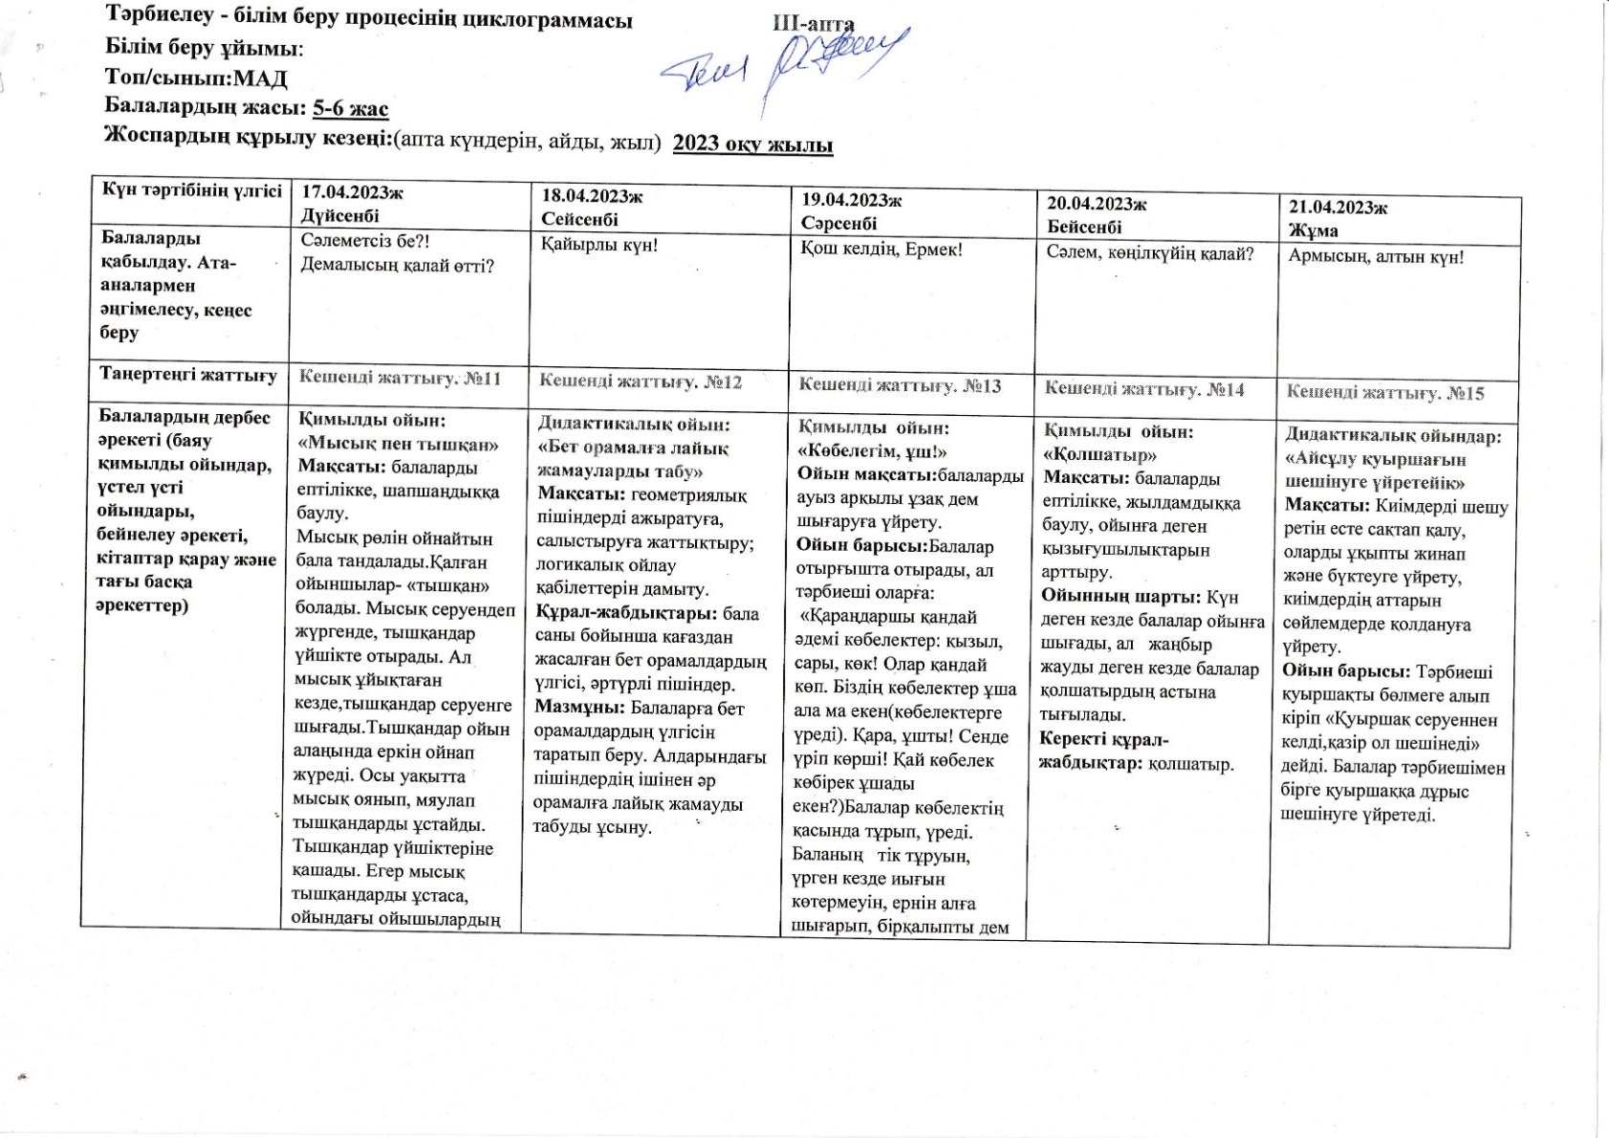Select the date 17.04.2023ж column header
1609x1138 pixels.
point(351,193)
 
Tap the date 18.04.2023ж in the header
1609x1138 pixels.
point(591,196)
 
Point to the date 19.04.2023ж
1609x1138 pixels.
point(851,200)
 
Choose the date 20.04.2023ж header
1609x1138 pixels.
point(1096,204)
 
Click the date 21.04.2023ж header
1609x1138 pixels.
point(1337,208)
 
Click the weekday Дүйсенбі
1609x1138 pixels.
point(339,216)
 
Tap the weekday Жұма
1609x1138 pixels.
point(1313,230)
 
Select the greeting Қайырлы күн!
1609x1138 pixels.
point(599,245)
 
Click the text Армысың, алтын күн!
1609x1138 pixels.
point(1376,256)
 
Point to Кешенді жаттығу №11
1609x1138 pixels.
point(400,378)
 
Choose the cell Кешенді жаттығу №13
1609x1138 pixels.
point(900,385)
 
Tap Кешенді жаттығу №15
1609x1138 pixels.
point(1384,392)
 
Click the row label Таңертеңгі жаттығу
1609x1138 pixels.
point(188,375)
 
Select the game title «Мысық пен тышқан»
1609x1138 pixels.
point(398,444)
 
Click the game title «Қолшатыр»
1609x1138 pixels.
point(1099,455)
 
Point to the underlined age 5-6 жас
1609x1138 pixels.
point(350,108)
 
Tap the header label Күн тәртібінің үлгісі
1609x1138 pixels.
point(192,189)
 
